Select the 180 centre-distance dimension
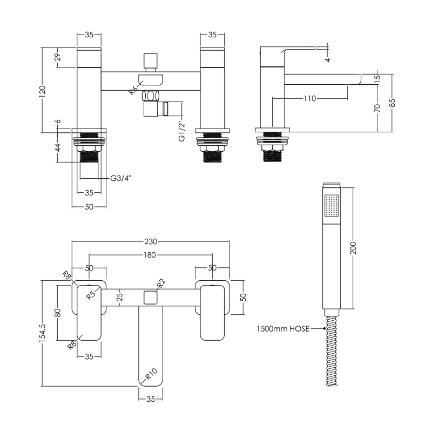tap(150, 255)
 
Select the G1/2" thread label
tap(182, 131)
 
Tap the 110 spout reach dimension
tap(310, 99)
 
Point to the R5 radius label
tap(92, 295)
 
